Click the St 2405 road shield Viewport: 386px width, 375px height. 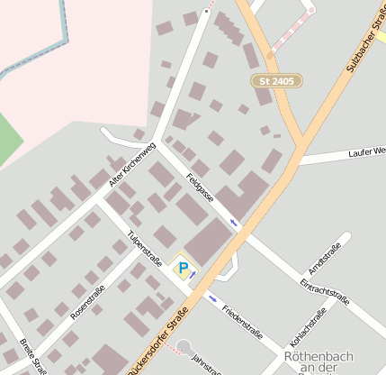click(x=276, y=81)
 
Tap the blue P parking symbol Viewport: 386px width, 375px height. click(x=184, y=268)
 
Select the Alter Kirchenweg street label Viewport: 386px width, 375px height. click(x=132, y=163)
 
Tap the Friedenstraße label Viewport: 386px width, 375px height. click(x=242, y=321)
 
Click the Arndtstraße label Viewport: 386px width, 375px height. click(x=324, y=259)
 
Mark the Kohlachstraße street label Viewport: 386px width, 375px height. click(x=308, y=332)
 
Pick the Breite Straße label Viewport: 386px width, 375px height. click(x=34, y=356)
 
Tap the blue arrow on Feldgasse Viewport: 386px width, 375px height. click(x=234, y=222)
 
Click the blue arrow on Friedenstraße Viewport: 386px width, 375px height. click(x=212, y=298)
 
